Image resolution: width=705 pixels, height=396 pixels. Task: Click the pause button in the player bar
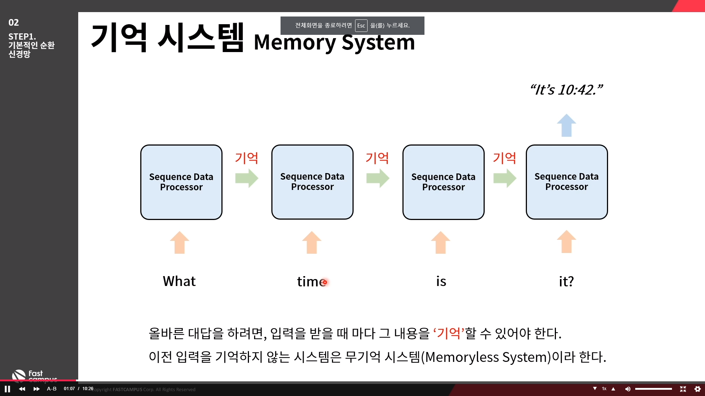pos(7,389)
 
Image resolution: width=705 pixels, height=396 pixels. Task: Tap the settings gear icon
pos(698,389)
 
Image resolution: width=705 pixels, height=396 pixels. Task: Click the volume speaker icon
pos(628,389)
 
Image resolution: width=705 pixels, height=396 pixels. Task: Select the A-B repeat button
pos(52,389)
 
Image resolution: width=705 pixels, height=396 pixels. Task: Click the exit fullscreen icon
pos(683,389)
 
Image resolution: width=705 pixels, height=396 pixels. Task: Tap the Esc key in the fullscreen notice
pos(361,26)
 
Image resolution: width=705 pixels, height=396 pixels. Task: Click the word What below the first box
pos(179,281)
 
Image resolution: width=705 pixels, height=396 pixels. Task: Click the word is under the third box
pos(441,282)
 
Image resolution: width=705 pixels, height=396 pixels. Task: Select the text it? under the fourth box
pos(566,282)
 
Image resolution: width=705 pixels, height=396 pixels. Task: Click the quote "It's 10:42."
pos(566,90)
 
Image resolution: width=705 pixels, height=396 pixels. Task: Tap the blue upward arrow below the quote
pos(567,125)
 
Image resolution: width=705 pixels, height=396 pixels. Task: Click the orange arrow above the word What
pos(180,242)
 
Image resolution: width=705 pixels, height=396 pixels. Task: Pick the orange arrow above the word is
pos(441,242)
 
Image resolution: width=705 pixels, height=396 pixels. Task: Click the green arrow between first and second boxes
pos(247,178)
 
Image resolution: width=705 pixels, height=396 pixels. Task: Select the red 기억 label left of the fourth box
pos(505,158)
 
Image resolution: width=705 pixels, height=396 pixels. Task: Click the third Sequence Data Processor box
pos(443,182)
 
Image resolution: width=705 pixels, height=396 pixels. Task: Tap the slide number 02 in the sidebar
pos(14,23)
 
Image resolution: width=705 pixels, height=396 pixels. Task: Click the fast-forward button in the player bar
pos(36,389)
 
